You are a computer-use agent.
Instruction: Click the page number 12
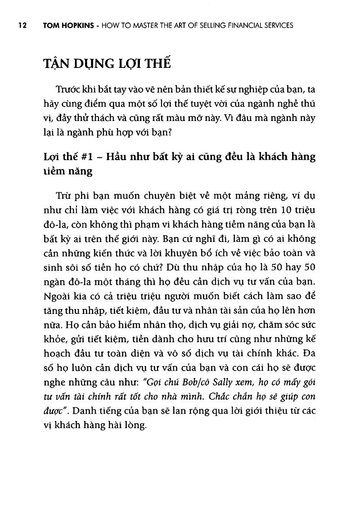21,26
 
